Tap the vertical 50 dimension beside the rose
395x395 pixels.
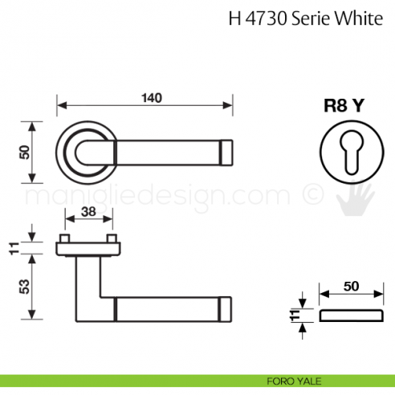(x=24, y=151)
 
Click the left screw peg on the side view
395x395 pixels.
(x=63, y=240)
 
